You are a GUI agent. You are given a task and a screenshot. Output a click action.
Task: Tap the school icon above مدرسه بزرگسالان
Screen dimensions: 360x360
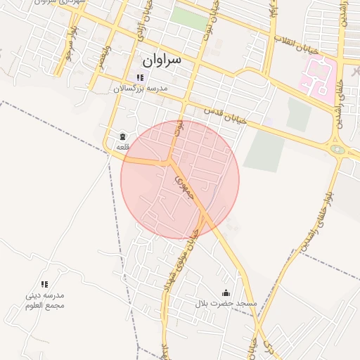tap(139, 77)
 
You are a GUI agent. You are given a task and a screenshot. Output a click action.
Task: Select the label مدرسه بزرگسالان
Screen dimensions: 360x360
tap(141, 89)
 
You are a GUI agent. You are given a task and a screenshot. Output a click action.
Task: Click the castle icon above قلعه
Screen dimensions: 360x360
tap(122, 136)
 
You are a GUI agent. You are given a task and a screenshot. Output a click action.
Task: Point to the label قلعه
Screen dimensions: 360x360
tap(122, 146)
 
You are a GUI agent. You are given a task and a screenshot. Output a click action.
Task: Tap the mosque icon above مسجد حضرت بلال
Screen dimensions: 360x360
tap(226, 292)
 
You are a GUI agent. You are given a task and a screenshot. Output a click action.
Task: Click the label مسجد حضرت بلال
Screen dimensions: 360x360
tap(226, 303)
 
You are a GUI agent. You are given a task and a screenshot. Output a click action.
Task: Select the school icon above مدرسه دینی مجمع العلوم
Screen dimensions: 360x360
tap(44, 285)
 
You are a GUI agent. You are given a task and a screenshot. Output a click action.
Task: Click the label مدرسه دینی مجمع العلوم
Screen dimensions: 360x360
tap(44, 300)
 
